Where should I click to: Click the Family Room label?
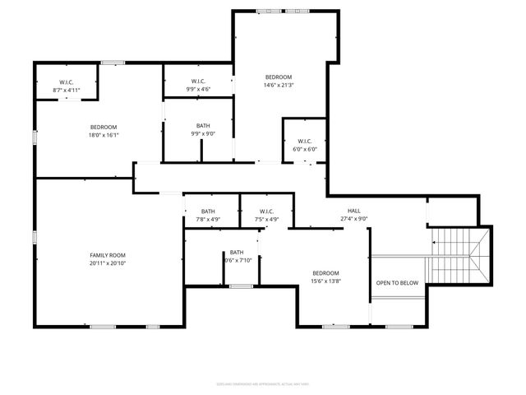(x=108, y=255)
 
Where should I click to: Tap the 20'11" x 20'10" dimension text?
(x=108, y=263)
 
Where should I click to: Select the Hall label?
(x=354, y=211)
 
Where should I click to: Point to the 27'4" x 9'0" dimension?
(x=354, y=219)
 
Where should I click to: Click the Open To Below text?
(x=397, y=282)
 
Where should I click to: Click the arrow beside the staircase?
(x=434, y=242)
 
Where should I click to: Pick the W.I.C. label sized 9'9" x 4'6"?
(x=198, y=81)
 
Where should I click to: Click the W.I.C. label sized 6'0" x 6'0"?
(x=305, y=141)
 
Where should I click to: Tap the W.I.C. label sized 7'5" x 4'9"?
(x=266, y=211)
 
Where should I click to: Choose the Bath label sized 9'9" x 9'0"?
(x=203, y=125)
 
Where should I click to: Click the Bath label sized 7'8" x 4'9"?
(x=208, y=211)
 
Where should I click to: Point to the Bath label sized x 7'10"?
(x=237, y=253)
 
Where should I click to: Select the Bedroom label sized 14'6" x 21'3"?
(x=278, y=77)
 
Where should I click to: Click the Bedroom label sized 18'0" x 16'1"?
(x=104, y=126)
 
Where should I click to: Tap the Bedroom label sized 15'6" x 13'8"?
(x=325, y=272)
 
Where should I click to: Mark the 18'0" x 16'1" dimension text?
(x=104, y=134)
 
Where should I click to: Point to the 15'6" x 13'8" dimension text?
(x=325, y=281)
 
